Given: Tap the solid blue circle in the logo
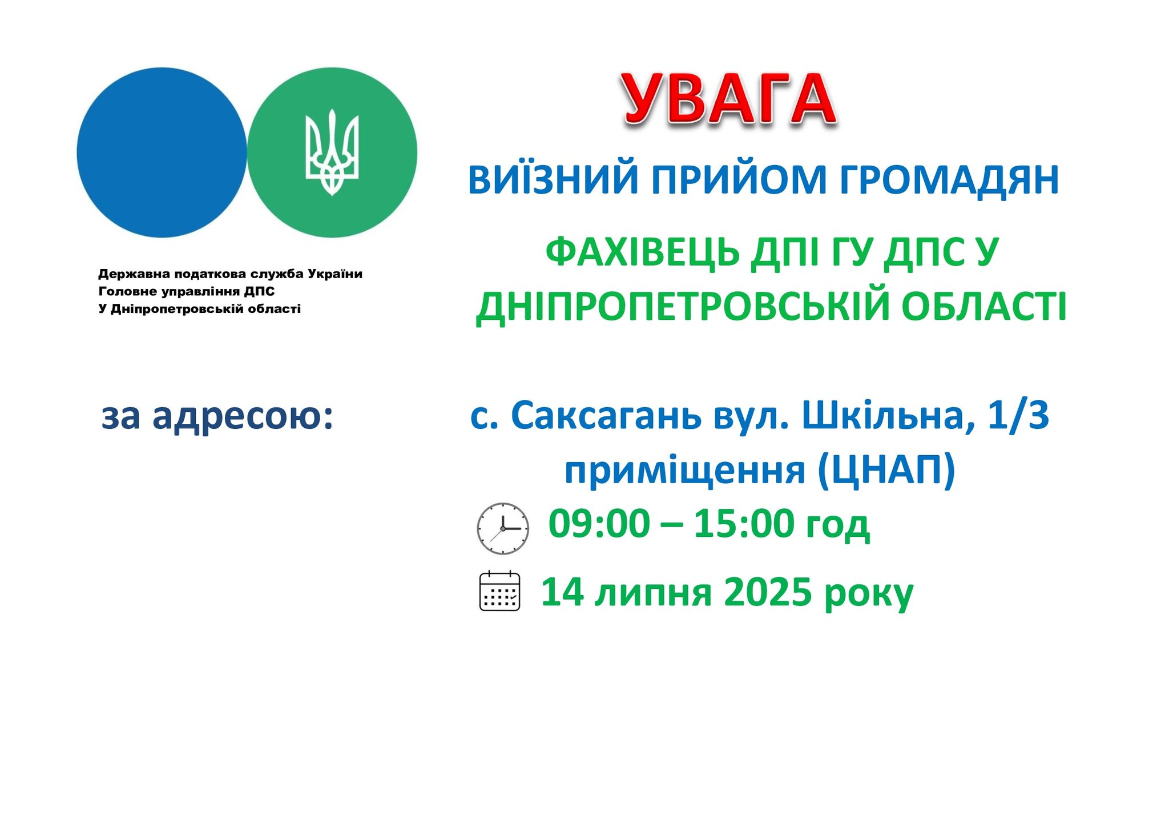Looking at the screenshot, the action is [162, 152].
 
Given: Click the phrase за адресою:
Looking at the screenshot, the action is [217, 416].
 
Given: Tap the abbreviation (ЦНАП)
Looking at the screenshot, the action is [886, 471].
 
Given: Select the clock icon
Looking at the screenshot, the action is [503, 528].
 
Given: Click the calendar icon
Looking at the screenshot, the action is [499, 591].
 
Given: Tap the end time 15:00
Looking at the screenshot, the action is [744, 524].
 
